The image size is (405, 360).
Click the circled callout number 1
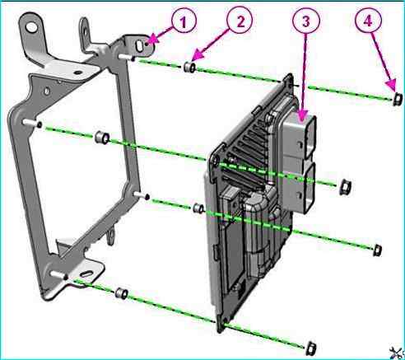(x=184, y=21)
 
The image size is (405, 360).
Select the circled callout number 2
(x=240, y=21)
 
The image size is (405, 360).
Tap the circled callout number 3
(x=306, y=21)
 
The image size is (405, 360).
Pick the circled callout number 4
(x=368, y=21)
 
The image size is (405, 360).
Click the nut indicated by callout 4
(x=398, y=99)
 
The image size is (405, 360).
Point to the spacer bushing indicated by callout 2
(x=190, y=68)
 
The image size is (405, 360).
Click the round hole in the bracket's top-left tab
(x=32, y=27)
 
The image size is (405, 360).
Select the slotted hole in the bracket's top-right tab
(x=140, y=46)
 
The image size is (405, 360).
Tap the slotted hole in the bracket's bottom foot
(x=86, y=274)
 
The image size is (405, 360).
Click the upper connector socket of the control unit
(x=310, y=138)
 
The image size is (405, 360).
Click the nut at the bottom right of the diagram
(x=311, y=348)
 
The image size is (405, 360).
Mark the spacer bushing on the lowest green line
(x=122, y=293)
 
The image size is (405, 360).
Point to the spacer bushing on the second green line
(x=102, y=138)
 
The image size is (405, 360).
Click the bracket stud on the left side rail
(x=32, y=123)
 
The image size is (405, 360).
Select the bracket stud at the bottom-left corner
(x=59, y=275)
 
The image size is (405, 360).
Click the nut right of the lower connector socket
(x=345, y=187)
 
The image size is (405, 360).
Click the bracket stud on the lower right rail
(x=142, y=195)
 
